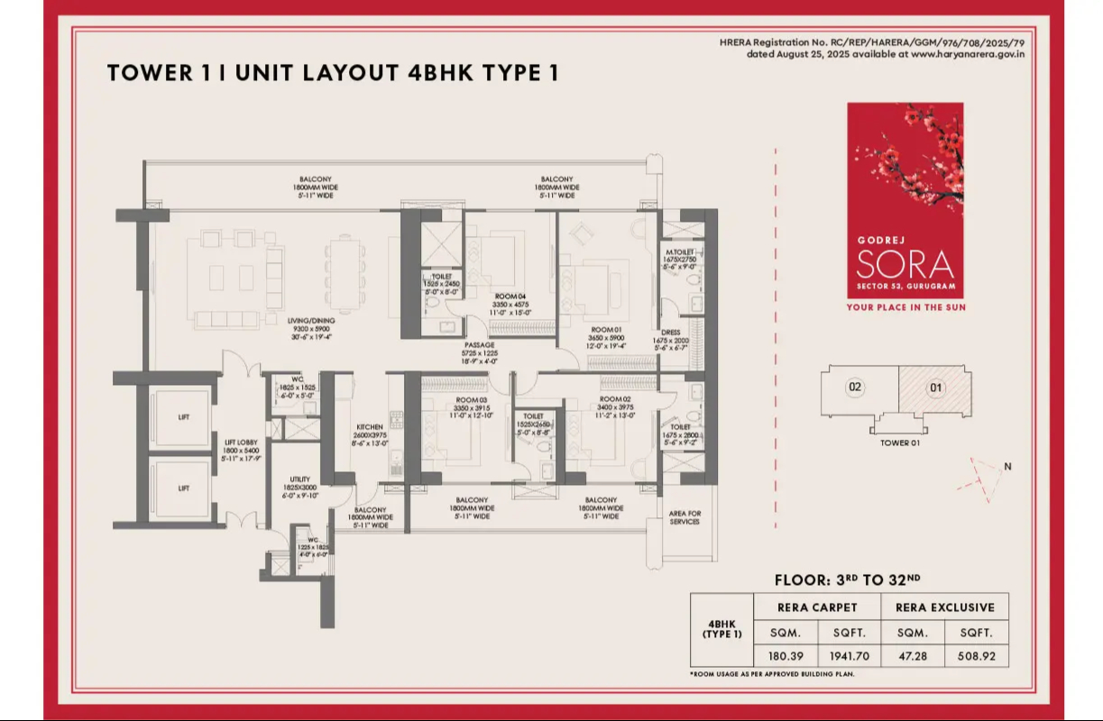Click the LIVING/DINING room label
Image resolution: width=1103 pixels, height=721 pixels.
[312, 321]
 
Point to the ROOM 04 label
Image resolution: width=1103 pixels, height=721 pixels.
[510, 296]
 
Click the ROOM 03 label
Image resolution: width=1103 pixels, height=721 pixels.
[472, 400]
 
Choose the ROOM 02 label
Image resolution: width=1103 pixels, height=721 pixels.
[617, 398]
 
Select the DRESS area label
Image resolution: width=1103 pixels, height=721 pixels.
[670, 332]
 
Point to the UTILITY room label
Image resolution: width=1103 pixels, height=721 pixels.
[300, 479]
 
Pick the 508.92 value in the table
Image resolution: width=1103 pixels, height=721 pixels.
[977, 655]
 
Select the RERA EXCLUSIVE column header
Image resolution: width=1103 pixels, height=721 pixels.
[944, 607]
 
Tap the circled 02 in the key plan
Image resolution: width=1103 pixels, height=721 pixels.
[854, 388]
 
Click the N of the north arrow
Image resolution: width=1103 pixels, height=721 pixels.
[1007, 466]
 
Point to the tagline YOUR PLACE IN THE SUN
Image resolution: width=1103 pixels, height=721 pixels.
[905, 307]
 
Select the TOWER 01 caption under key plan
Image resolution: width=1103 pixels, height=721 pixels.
[899, 443]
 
